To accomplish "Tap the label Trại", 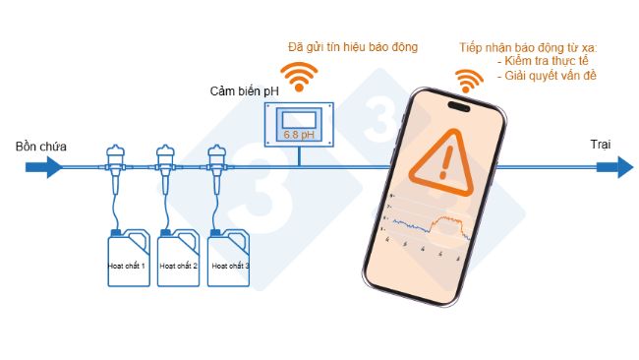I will pyautogui.click(x=601, y=145).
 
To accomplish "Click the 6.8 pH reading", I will pyautogui.click(x=297, y=133).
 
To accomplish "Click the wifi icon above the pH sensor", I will pyautogui.click(x=297, y=73).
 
